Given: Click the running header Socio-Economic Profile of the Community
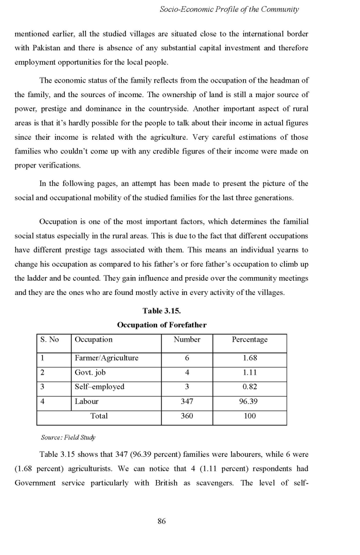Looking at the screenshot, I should tap(229, 9).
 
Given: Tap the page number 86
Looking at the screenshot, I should tap(161, 522).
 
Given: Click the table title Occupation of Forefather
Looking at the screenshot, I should tap(161, 325).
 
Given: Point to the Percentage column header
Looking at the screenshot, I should tap(249, 340).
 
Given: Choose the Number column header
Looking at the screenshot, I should tap(187, 340).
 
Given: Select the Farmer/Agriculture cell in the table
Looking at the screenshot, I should tap(106, 358).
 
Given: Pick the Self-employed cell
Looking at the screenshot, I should tap(100, 387).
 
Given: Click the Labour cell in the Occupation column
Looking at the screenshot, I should tap(86, 402).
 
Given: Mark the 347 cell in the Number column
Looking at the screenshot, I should tap(187, 402).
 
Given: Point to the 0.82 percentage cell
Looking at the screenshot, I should tap(249, 387).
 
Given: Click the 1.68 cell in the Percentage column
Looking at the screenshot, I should tap(249, 358).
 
